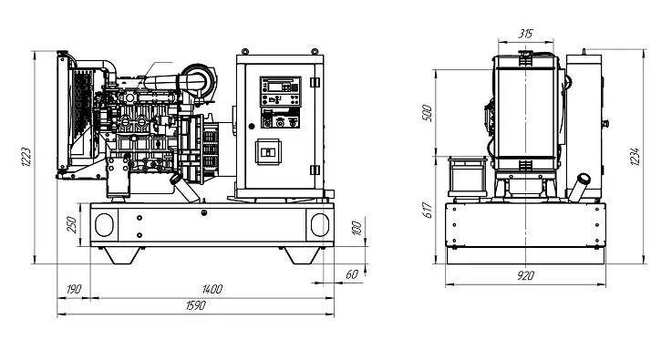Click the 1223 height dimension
[26, 157]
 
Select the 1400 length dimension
[212, 289]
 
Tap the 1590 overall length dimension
[195, 305]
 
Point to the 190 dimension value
[74, 289]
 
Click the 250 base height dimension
[71, 224]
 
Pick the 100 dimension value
[356, 228]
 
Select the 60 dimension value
[352, 274]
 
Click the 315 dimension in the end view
[525, 34]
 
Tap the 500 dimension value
[428, 113]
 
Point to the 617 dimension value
[428, 211]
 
